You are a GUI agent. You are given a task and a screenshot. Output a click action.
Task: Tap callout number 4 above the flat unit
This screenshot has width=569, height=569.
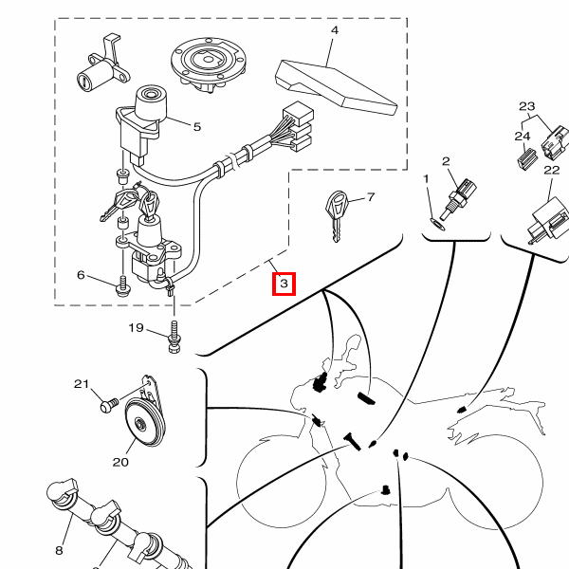pyautogui.click(x=334, y=31)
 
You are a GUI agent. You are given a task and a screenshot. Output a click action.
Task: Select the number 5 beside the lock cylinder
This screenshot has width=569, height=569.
pyautogui.click(x=196, y=126)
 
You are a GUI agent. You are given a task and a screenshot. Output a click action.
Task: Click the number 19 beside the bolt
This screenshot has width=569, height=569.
pyautogui.click(x=136, y=328)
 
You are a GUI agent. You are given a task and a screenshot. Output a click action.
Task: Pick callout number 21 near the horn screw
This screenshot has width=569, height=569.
pyautogui.click(x=81, y=384)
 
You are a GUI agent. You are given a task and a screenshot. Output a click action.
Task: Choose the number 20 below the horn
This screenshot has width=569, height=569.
pyautogui.click(x=120, y=463)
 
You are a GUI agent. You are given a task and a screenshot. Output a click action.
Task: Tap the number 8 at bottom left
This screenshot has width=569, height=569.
pyautogui.click(x=59, y=549)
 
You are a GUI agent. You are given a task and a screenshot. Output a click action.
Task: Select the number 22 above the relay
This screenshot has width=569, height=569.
pyautogui.click(x=551, y=170)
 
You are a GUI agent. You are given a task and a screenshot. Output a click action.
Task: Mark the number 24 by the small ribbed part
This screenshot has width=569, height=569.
pyautogui.click(x=522, y=137)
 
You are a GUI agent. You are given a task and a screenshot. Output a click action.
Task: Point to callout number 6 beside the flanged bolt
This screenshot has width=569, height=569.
pyautogui.click(x=81, y=275)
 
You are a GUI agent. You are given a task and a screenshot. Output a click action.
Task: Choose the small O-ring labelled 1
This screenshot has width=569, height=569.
pyautogui.click(x=435, y=223)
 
